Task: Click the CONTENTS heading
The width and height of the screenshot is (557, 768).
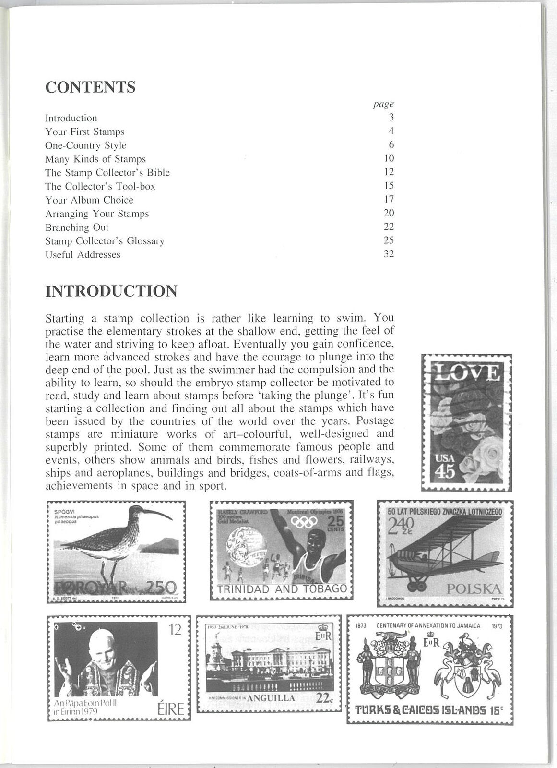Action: tap(90, 87)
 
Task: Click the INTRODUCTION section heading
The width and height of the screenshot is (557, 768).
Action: tap(111, 291)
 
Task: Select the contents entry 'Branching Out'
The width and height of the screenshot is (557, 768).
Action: tap(77, 227)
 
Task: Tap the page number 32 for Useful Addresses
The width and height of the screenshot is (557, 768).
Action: tap(389, 254)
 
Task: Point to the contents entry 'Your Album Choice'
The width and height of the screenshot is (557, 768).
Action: tap(89, 200)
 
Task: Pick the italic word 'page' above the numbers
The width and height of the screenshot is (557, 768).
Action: tap(383, 104)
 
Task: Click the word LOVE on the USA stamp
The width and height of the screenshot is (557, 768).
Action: tap(466, 373)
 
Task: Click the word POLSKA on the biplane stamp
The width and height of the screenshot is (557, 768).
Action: tap(474, 589)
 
